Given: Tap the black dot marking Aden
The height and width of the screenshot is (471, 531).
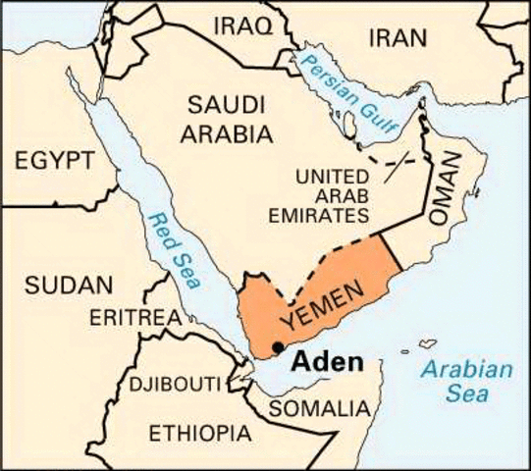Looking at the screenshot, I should click(279, 345).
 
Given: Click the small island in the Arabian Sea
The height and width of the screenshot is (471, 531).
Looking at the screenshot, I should click(427, 343).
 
